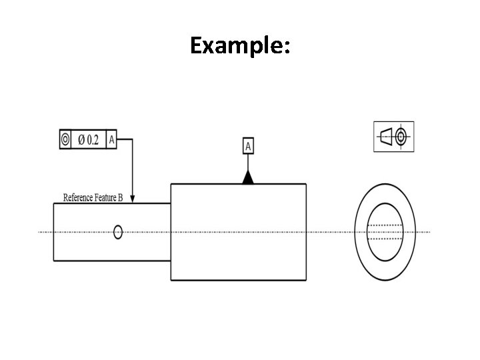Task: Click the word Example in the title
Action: point(237,45)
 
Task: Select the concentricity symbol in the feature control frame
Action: point(65,139)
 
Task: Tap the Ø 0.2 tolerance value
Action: point(89,140)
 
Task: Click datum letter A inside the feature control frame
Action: point(111,140)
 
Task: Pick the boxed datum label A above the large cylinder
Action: point(248,146)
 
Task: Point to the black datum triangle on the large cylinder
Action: point(248,177)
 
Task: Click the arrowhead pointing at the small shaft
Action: point(132,199)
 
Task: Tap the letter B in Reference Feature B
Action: point(120,198)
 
